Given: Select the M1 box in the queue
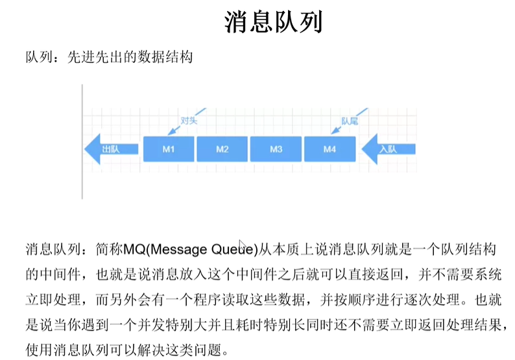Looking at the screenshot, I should point(169,149).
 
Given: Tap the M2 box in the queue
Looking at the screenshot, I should point(222,149).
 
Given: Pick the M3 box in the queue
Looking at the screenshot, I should point(276,149).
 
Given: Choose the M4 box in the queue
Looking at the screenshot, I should point(329,149).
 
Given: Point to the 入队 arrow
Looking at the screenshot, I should point(387,149).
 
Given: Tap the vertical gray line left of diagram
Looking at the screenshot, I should point(82,141).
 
